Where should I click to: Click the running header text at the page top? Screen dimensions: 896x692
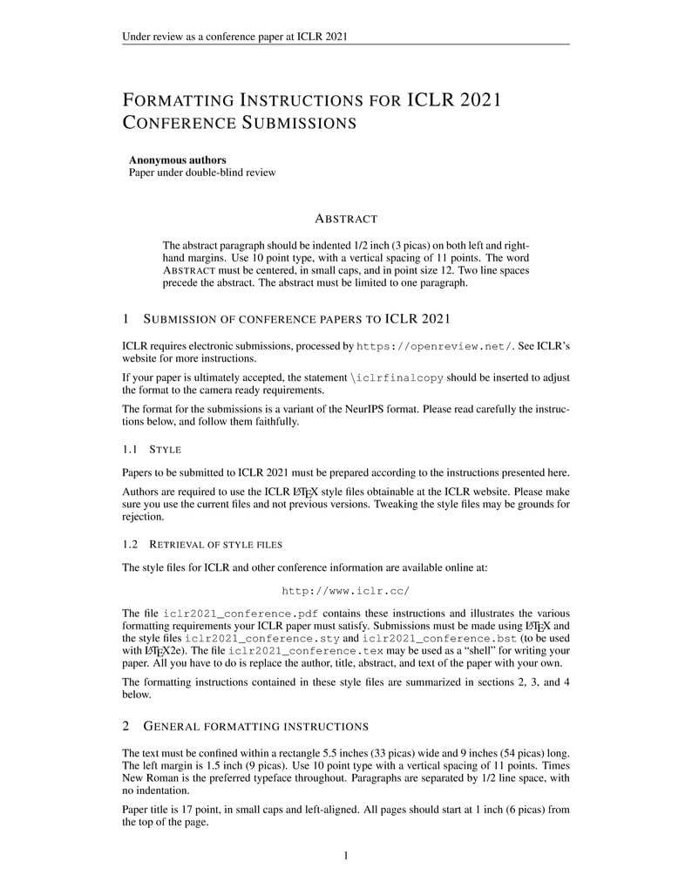pos(235,37)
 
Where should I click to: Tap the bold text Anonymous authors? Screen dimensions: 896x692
pos(178,160)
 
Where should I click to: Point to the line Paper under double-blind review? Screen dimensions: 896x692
pos(202,173)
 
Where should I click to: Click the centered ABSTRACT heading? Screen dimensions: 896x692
pos(345,218)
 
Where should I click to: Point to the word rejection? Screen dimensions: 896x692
pos(144,516)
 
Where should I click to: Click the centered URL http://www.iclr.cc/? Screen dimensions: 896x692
pos(345,590)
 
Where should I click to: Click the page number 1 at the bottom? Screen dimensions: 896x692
pos(346,855)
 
